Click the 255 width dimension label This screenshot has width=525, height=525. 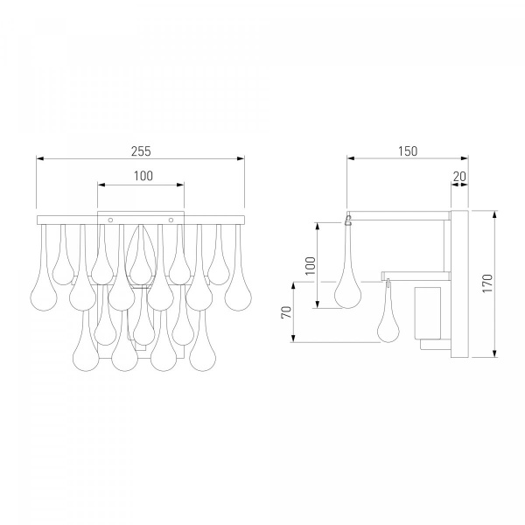(141, 151)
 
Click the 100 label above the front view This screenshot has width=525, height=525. (143, 176)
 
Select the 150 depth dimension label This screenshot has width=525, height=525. (408, 151)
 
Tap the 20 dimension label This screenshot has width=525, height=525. (459, 176)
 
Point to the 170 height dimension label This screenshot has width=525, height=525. (487, 283)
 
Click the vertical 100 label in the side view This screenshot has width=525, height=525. (311, 266)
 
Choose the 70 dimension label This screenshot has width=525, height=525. (287, 312)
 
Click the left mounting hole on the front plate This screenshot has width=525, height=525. (110, 220)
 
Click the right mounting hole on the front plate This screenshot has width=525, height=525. (171, 220)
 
